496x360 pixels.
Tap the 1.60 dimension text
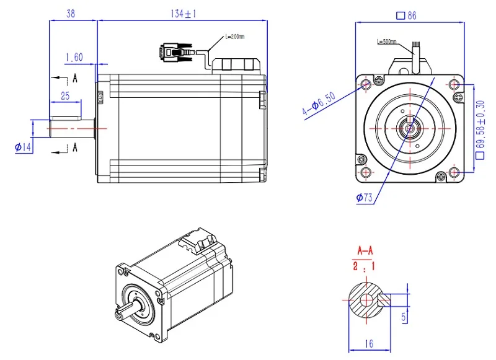pyautogui.click(x=74, y=57)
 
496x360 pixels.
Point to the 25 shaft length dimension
pyautogui.click(x=64, y=95)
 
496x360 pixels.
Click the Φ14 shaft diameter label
pyautogui.click(x=23, y=146)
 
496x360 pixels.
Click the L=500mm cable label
pyautogui.click(x=389, y=42)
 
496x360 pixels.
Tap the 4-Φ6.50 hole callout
pyautogui.click(x=319, y=102)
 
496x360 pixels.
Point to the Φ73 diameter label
pyautogui.click(x=364, y=198)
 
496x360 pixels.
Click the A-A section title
pyautogui.click(x=366, y=250)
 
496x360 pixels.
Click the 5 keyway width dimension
pyautogui.click(x=404, y=317)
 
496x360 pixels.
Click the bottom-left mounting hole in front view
pyautogui.click(x=366, y=172)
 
